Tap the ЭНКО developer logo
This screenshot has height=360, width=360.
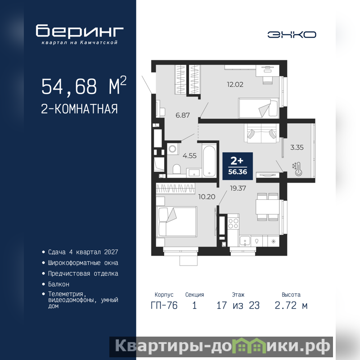(292, 35)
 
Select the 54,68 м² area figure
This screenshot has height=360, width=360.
(84, 85)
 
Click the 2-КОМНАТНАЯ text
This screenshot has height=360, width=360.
(80, 109)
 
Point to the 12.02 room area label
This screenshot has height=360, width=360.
(235, 85)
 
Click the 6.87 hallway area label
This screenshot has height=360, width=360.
(183, 115)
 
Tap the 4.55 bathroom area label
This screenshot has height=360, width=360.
(189, 156)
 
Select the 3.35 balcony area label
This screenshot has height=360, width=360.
(297, 148)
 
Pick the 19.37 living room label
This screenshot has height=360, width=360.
(238, 188)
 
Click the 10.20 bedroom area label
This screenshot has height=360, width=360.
(207, 197)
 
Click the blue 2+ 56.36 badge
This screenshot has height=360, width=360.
(238, 166)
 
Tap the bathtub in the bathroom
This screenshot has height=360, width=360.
(209, 160)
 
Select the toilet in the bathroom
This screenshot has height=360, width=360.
(176, 170)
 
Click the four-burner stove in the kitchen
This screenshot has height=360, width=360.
(233, 223)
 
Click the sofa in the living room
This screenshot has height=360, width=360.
(261, 133)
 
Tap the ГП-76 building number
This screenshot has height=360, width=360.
(164, 306)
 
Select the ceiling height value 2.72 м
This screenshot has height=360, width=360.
(291, 306)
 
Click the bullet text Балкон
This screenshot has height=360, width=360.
(58, 284)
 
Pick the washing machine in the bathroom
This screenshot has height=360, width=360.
(173, 149)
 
